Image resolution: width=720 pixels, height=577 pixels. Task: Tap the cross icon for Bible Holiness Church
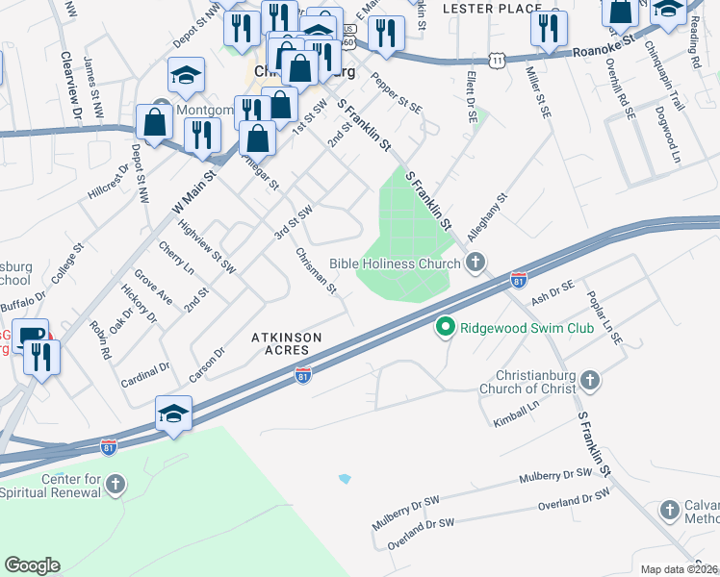pyautogui.click(x=476, y=263)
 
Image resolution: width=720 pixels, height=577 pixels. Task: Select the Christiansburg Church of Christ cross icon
pyautogui.click(x=589, y=382)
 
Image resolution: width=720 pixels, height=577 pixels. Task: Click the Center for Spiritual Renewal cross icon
pyautogui.click(x=116, y=485)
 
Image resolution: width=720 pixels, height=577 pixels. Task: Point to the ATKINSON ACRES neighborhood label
pyautogui.click(x=287, y=344)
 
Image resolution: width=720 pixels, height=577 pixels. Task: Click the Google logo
pyautogui.click(x=32, y=564)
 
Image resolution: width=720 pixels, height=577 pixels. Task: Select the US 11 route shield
pyautogui.click(x=497, y=60)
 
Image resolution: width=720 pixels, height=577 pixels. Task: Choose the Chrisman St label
pyautogui.click(x=316, y=271)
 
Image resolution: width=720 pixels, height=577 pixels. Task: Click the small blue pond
pyautogui.click(x=345, y=478)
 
